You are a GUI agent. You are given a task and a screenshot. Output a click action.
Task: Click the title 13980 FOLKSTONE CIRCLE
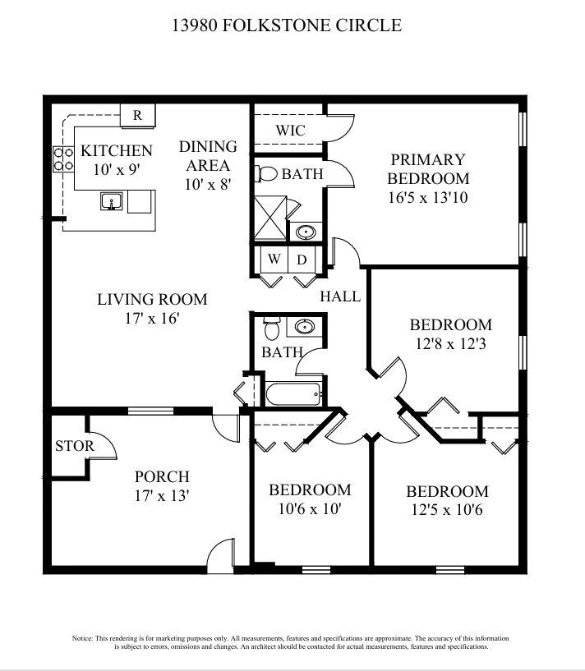(286, 25)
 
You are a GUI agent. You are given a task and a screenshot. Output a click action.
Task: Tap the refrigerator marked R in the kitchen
(137, 116)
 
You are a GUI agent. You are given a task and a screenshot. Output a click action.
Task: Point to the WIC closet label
(289, 131)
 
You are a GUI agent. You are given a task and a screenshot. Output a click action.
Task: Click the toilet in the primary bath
(266, 174)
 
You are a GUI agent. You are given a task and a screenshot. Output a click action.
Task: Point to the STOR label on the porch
(74, 446)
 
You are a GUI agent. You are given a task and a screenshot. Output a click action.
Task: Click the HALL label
(340, 296)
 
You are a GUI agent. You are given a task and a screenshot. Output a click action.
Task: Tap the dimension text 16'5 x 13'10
(428, 198)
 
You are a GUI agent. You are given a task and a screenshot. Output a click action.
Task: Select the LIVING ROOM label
(152, 299)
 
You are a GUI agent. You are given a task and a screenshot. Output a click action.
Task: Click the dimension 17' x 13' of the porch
(162, 495)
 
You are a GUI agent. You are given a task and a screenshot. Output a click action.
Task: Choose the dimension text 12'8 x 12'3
(450, 344)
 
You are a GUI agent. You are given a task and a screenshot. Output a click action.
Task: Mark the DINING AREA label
(208, 156)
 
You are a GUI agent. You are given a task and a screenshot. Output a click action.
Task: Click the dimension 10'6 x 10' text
(310, 509)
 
